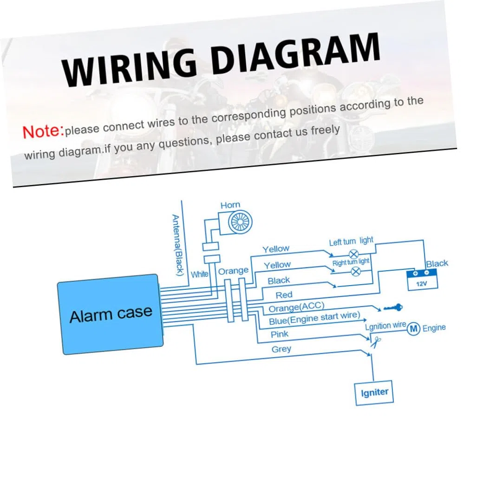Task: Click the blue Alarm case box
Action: (110, 314)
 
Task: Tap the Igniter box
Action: (374, 393)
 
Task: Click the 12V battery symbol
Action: (422, 280)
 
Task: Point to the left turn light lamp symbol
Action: (353, 255)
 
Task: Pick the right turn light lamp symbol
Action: (356, 271)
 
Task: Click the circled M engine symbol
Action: (413, 329)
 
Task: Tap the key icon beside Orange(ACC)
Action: (393, 307)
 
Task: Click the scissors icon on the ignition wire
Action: (376, 342)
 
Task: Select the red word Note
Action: (42, 131)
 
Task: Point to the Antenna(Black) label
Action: (177, 245)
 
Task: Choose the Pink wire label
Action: (280, 334)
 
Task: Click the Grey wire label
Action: (281, 349)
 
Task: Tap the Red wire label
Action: (284, 295)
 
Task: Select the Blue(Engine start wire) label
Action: (314, 318)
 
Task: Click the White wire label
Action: (200, 274)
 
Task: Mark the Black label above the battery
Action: (437, 264)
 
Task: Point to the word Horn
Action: (230, 205)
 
